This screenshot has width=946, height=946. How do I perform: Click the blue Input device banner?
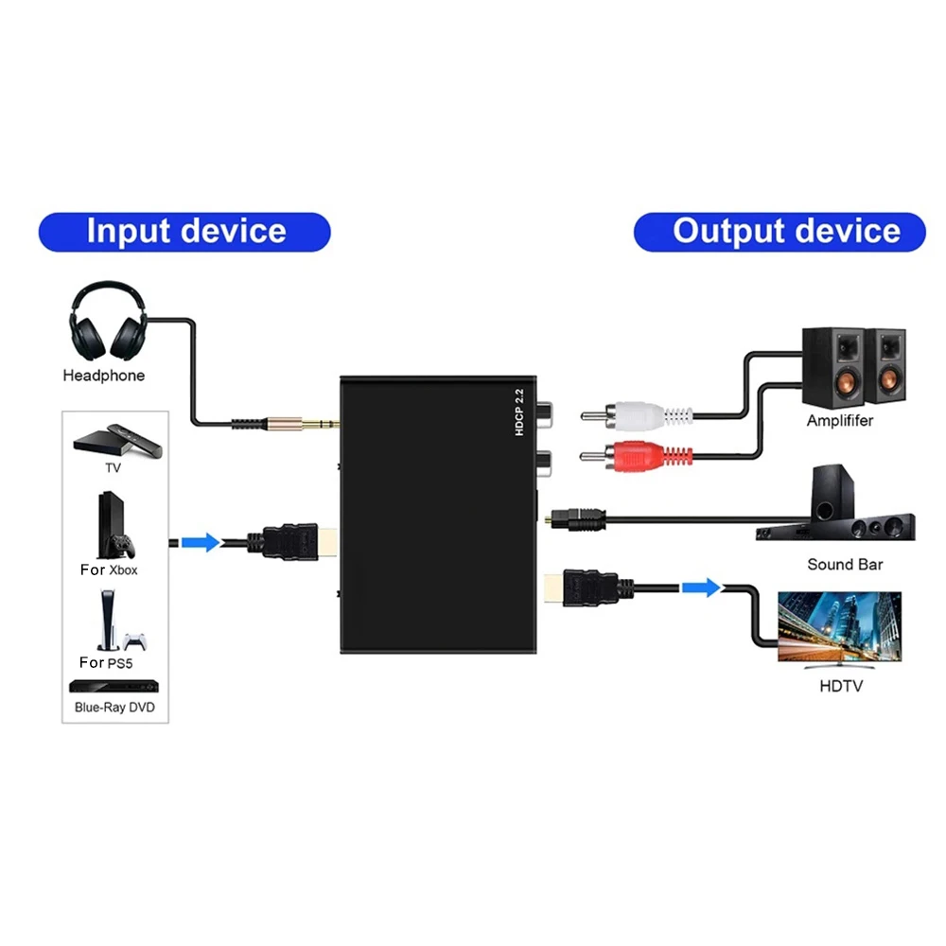click(x=184, y=232)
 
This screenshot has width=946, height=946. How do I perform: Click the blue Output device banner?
click(x=779, y=232)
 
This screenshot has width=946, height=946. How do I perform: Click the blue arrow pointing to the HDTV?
click(x=701, y=587)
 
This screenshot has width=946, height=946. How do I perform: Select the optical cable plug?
click(x=577, y=517)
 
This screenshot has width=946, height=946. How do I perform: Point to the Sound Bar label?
click(x=844, y=565)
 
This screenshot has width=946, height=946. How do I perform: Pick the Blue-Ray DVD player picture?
click(x=114, y=688)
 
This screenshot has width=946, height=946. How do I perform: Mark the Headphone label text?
click(x=103, y=376)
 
